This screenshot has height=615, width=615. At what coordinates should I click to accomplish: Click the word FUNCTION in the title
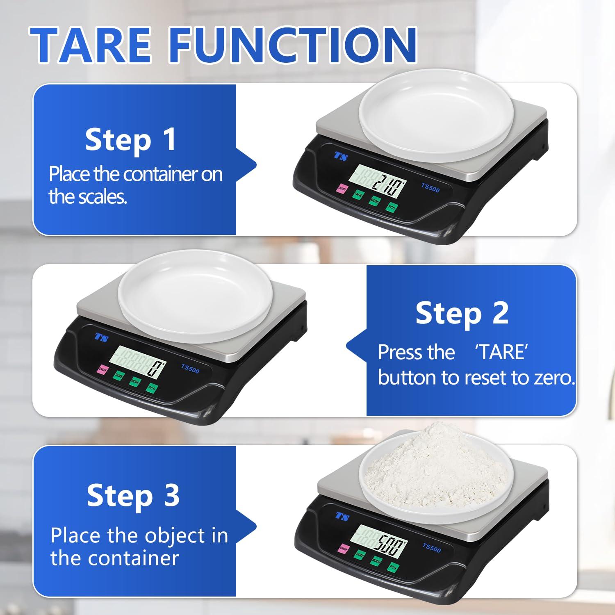293,44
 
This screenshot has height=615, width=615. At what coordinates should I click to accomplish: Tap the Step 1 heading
131,140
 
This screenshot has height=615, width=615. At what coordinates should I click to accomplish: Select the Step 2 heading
462,313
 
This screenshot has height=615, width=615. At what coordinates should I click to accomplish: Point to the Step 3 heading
133,495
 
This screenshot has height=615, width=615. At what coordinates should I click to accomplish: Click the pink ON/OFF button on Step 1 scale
342,189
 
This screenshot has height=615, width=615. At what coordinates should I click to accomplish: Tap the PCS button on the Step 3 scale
393,567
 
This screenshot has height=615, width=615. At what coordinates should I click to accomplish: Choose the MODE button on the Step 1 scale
375,201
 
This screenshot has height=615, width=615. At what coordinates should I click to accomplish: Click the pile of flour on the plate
435,467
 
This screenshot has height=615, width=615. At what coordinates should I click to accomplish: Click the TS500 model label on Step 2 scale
190,369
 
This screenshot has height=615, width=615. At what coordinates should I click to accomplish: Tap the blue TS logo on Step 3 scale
342,516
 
